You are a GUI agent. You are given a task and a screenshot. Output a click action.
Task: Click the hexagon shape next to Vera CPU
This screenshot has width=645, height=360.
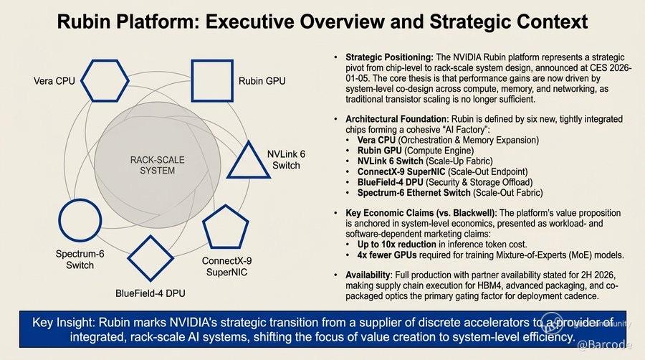coord(82,80)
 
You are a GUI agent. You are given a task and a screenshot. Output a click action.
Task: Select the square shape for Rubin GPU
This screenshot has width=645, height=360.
coord(192,80)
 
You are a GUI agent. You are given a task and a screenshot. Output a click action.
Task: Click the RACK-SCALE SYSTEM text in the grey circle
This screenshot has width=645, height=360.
coord(157,165)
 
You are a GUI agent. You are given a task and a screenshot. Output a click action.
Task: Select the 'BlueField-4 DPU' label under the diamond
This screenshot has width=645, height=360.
coord(150,293)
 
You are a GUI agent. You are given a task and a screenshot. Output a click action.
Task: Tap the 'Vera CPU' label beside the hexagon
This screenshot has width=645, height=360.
coord(54,81)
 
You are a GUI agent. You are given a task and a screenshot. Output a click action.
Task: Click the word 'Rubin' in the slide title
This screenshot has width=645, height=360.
coord(84,22)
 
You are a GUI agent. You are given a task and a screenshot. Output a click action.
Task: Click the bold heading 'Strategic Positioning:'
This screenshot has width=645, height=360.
coord(389,57)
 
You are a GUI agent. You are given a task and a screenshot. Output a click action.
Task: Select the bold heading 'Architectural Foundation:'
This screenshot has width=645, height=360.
coord(397,119)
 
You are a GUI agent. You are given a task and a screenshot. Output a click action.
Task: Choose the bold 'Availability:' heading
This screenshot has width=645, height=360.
coord(369,275)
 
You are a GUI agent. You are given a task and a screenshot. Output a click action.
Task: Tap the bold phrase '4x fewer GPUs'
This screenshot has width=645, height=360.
coord(387,255)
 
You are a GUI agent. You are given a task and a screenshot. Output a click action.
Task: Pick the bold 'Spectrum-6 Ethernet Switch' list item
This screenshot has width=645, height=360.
coord(414,192)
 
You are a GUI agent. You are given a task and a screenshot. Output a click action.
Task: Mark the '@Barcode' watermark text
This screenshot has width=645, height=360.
coord(604,345)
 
